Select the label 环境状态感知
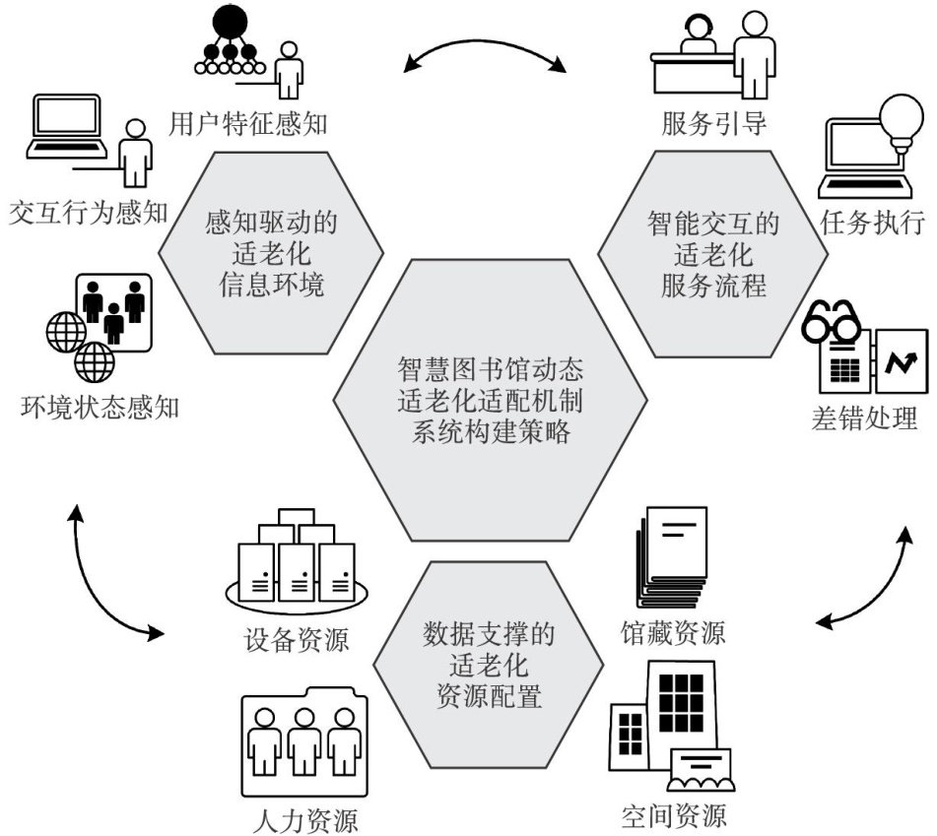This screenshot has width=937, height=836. coord(100,406)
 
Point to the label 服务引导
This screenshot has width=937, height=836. coord(713,124)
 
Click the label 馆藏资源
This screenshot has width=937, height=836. coord(673,630)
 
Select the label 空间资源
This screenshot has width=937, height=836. coord(674,815)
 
